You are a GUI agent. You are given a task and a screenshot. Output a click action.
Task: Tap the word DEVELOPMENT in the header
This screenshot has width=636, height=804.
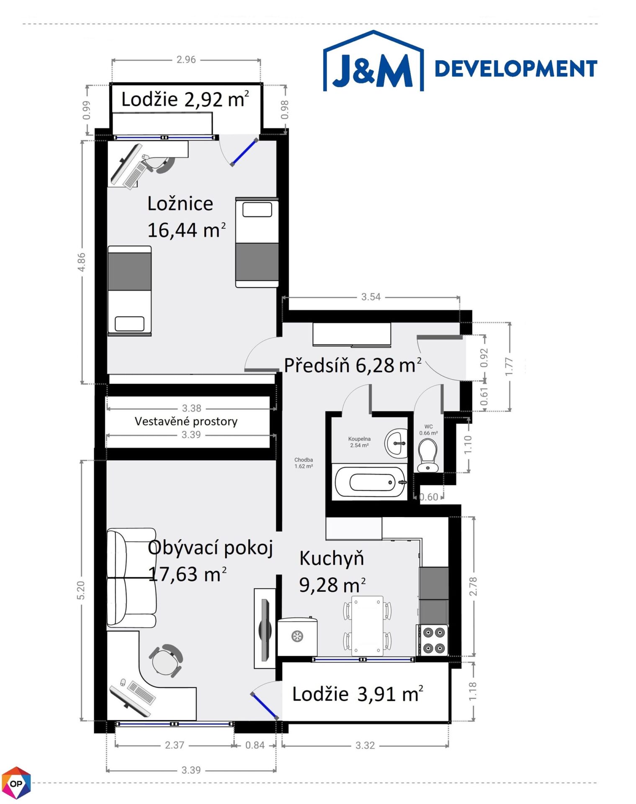coord(515,69)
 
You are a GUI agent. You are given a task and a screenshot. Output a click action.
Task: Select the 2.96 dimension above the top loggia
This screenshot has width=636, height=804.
coord(186,60)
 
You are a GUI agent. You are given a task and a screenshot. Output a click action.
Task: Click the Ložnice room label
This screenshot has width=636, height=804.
coord(180,204)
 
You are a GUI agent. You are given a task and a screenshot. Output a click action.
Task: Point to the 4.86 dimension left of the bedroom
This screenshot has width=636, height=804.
coord(82,262)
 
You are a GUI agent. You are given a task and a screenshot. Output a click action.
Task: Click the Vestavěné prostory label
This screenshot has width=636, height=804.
coord(186,421)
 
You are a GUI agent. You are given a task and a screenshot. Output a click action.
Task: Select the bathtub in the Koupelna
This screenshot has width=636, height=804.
coord(370,482)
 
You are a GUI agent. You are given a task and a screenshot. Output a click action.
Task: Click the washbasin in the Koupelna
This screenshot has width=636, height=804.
coord(395,443)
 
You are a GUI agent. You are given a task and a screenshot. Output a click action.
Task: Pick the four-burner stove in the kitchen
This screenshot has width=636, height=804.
coord(433,639)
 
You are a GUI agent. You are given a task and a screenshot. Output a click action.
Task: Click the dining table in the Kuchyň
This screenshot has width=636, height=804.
coord(367,625)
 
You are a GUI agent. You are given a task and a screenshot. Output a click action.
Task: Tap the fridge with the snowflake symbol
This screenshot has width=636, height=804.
coord(297,636)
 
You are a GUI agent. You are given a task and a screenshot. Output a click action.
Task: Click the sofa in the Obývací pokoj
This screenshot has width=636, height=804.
coord(131,578)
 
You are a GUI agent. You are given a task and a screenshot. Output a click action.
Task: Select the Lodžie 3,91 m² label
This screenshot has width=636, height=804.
coord(358,693)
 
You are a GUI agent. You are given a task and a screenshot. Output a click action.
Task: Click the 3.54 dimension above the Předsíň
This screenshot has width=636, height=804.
coord(371,297)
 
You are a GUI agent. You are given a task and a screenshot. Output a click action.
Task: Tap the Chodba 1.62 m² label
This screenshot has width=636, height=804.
coord(304,463)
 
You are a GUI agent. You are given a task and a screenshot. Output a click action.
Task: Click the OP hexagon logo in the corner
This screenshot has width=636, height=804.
coord(16,783)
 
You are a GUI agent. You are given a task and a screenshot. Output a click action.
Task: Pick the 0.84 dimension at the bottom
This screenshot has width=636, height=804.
coord(255,745)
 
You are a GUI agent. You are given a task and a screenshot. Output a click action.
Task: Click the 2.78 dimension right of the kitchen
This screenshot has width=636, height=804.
coord(473,586)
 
